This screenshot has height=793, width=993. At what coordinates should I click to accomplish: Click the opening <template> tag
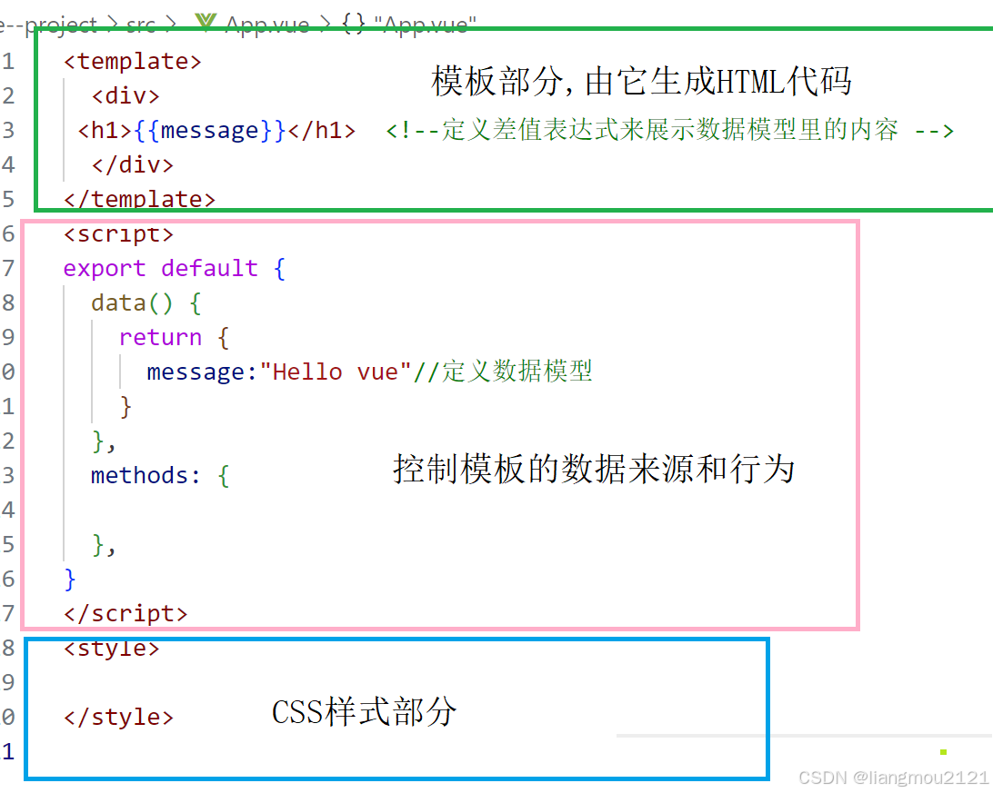(133, 62)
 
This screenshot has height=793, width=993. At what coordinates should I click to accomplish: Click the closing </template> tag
(139, 199)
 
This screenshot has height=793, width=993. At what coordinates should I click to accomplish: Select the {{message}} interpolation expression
(210, 131)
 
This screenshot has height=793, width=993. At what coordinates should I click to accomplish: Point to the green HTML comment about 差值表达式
(669, 131)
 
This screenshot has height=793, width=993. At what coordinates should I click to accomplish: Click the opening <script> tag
(118, 234)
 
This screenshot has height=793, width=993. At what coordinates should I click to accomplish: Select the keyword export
(105, 269)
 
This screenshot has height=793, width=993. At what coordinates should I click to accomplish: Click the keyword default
(209, 269)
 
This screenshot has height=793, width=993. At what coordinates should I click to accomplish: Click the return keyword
(160, 338)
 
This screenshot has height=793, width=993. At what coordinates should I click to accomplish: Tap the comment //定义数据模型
(503, 372)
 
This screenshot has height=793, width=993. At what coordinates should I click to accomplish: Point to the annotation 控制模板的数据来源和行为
(594, 470)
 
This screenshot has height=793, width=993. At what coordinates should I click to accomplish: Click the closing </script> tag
(125, 614)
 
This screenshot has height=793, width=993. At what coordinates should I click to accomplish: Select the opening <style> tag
(112, 649)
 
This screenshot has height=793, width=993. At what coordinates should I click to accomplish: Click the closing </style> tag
(118, 717)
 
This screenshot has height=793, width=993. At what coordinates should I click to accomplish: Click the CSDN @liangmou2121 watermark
(893, 778)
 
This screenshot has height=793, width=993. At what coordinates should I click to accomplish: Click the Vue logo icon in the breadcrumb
(206, 24)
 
